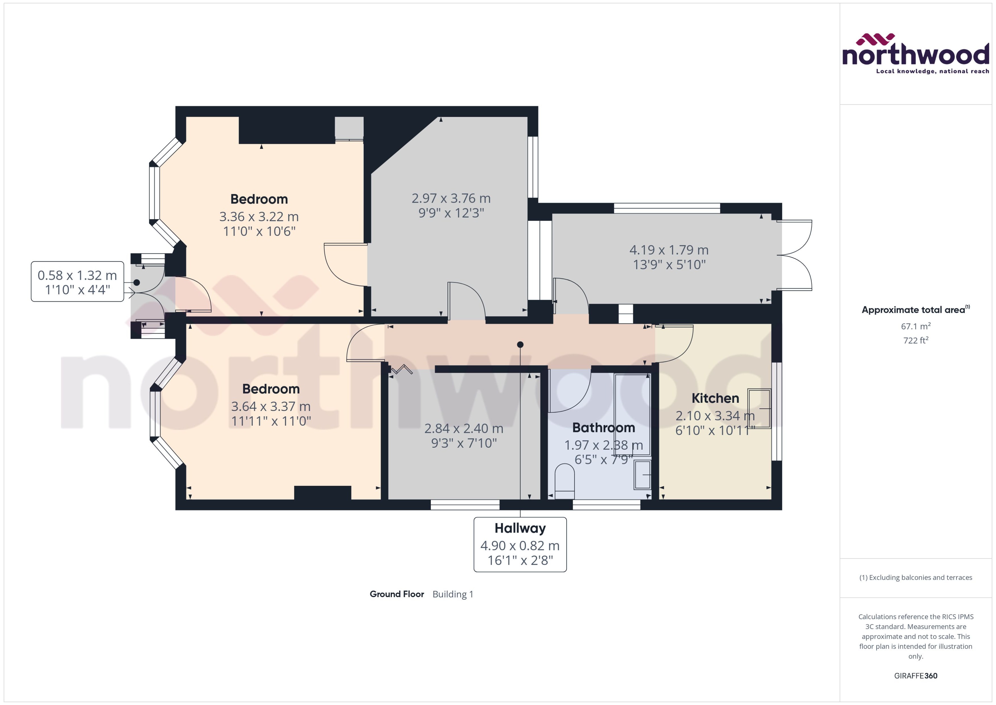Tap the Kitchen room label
pyautogui.click(x=715, y=398)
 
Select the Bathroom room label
pyautogui.click(x=603, y=427)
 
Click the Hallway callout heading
pyautogui.click(x=520, y=528)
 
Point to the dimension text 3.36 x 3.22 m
pyautogui.click(x=259, y=216)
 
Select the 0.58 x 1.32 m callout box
pyautogui.click(x=77, y=281)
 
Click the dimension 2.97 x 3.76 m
pyautogui.click(x=451, y=198)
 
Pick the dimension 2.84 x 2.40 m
pyautogui.click(x=464, y=428)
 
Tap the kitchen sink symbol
pyautogui.click(x=759, y=408)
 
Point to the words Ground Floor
pyautogui.click(x=396, y=594)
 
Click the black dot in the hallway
pyautogui.click(x=520, y=345)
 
